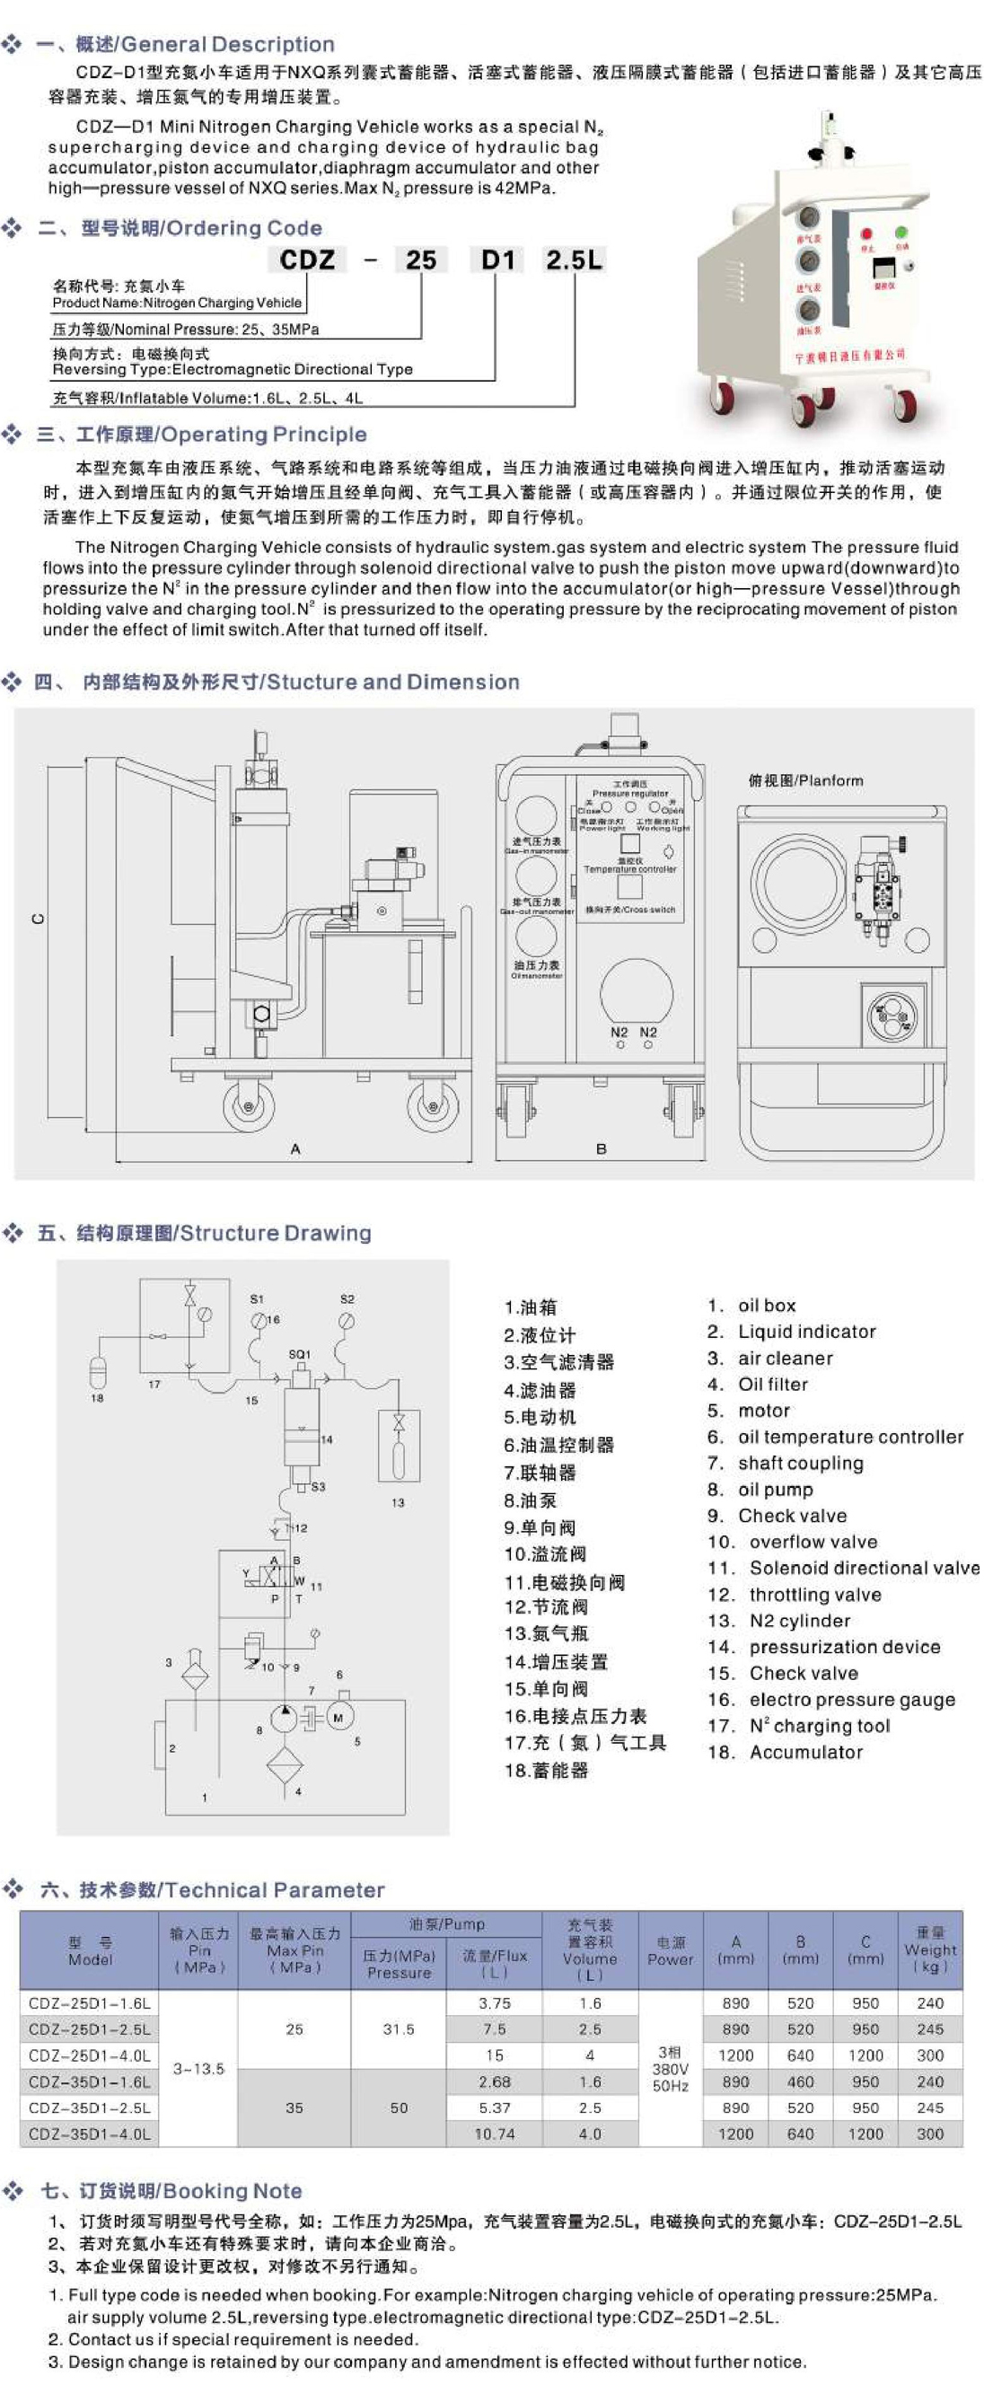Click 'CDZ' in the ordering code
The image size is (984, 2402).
[x=307, y=260]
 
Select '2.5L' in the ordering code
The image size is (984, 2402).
[x=574, y=260]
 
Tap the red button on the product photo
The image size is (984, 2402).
[x=866, y=234]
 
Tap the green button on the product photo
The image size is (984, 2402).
[x=901, y=233]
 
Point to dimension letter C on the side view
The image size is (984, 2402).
[x=39, y=919]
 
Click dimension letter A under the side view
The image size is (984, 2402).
[x=295, y=1148]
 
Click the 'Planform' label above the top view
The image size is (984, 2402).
[x=806, y=780]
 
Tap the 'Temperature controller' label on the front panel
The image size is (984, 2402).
[x=630, y=869]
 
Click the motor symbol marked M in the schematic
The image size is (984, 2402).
[x=338, y=1717]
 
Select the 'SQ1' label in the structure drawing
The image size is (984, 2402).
[x=299, y=1354]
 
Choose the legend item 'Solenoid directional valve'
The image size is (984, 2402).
[x=864, y=1568]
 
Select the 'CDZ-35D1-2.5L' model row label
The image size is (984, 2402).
[x=90, y=2107]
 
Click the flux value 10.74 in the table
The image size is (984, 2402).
[x=495, y=2133]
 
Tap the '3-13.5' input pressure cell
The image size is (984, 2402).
[x=198, y=2067]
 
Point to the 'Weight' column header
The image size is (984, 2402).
[x=930, y=1949]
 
